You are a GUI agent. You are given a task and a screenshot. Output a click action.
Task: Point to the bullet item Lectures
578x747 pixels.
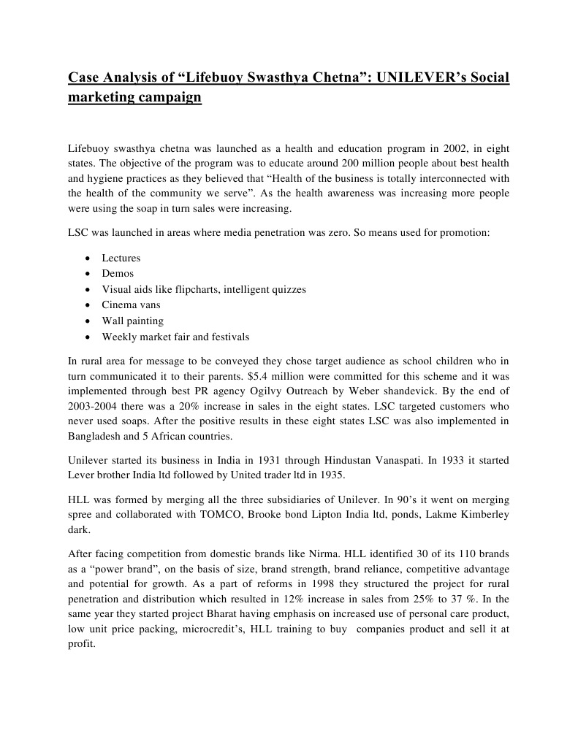tap(121, 258)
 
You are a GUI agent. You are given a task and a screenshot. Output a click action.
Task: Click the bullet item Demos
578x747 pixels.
tap(118, 273)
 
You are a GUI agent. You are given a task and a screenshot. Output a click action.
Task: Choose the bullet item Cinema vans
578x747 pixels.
tap(131, 304)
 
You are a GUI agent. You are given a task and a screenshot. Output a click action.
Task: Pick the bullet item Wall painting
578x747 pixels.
tap(132, 321)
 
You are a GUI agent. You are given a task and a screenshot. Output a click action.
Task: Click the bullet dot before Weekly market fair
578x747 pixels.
tap(88, 337)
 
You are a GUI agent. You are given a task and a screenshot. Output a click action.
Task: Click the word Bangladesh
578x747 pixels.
tap(97, 437)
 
